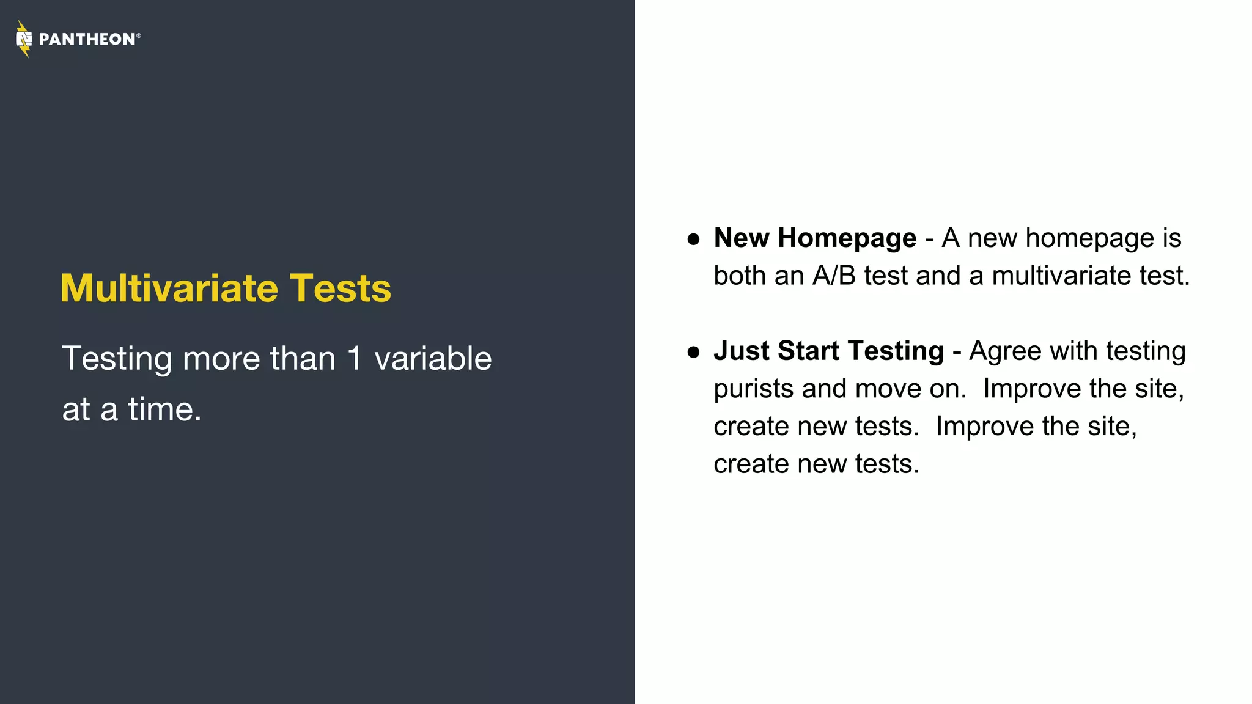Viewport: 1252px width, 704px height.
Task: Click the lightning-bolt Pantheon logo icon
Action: (x=24, y=39)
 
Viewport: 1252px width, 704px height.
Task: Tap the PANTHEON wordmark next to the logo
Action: (x=87, y=40)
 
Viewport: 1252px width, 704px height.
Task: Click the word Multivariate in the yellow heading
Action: (x=169, y=288)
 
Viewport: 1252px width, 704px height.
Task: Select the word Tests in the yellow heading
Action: (x=340, y=288)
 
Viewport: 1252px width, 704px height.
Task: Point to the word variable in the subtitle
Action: (x=433, y=358)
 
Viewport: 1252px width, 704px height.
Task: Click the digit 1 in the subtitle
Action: (x=355, y=358)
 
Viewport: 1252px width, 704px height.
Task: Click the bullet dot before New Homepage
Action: (x=693, y=239)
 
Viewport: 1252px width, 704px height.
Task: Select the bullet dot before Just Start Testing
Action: (x=693, y=352)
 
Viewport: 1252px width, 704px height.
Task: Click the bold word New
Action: (x=742, y=238)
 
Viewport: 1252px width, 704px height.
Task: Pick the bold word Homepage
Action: (x=847, y=238)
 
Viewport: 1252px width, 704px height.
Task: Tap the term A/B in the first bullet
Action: (x=834, y=276)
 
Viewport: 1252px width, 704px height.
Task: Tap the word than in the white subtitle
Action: (x=303, y=358)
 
